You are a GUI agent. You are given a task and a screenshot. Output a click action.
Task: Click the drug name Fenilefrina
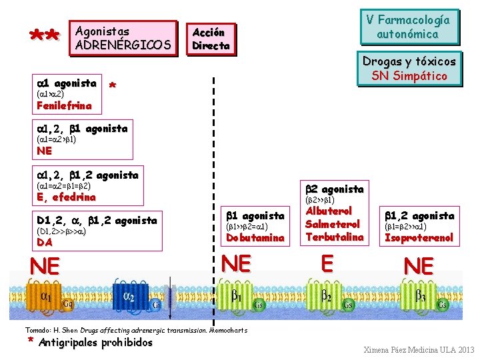tap(64, 105)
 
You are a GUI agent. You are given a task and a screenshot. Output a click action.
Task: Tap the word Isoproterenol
tap(419, 237)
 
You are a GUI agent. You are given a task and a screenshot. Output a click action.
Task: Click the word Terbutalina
tap(335, 237)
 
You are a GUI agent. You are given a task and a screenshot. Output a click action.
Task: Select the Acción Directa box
tap(211, 39)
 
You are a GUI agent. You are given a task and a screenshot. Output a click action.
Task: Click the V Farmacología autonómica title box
tap(407, 27)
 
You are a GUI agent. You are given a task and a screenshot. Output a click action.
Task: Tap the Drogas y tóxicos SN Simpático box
tap(409, 69)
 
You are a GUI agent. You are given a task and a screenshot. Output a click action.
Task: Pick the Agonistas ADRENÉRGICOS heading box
tap(123, 38)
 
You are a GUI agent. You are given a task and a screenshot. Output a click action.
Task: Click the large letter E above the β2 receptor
tap(327, 265)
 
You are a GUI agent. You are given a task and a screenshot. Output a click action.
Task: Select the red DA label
tap(45, 243)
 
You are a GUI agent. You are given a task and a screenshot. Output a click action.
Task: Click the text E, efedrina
tap(66, 197)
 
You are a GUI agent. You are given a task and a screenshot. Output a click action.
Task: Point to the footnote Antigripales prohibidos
tap(95, 343)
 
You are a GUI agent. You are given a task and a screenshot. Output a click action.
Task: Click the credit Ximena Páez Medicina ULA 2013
tap(419, 350)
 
